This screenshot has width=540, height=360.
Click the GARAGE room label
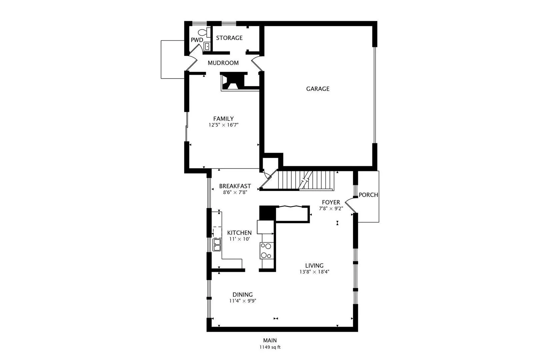[317, 89]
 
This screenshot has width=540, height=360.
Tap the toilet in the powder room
[204, 32]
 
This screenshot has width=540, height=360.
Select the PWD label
[197, 40]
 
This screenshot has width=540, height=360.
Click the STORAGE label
[229, 38]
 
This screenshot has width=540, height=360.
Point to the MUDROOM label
[223, 63]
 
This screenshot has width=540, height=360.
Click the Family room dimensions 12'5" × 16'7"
[223, 125]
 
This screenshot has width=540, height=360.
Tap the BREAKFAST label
[235, 186]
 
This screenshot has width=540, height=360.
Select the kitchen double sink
[217, 245]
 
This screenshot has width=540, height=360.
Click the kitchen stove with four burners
[267, 251]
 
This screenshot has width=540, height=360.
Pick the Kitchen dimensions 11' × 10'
[239, 239]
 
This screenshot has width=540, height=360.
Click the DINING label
[243, 295]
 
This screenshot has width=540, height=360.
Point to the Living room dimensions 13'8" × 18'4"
[314, 272]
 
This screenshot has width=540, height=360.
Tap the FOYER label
[331, 202]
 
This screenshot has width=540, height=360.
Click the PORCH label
[368, 195]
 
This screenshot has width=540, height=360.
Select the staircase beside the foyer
[306, 181]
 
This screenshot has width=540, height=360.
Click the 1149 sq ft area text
[270, 347]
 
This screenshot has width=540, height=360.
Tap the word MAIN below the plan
[270, 340]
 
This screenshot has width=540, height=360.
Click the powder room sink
[207, 46]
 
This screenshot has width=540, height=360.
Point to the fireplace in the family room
[233, 82]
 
